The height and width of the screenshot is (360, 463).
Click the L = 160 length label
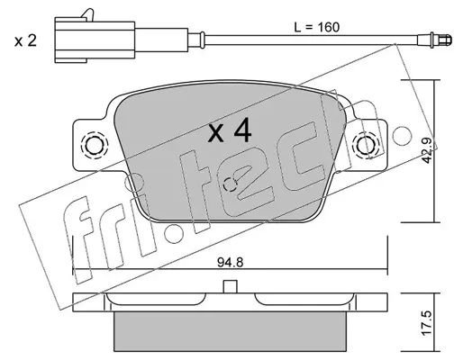coord(316,27)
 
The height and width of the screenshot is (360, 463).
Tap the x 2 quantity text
coord(25,40)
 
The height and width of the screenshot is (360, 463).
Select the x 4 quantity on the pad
coord(230,130)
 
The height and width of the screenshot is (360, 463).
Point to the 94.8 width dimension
coord(231,263)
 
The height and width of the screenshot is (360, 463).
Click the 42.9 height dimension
coord(427,150)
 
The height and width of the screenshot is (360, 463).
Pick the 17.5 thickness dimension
coord(427,322)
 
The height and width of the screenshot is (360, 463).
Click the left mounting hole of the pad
coord(94,146)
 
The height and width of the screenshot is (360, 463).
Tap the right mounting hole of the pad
coord(366,145)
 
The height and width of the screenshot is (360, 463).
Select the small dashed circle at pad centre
coord(231,184)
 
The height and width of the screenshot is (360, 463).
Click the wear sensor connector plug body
coord(95,40)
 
